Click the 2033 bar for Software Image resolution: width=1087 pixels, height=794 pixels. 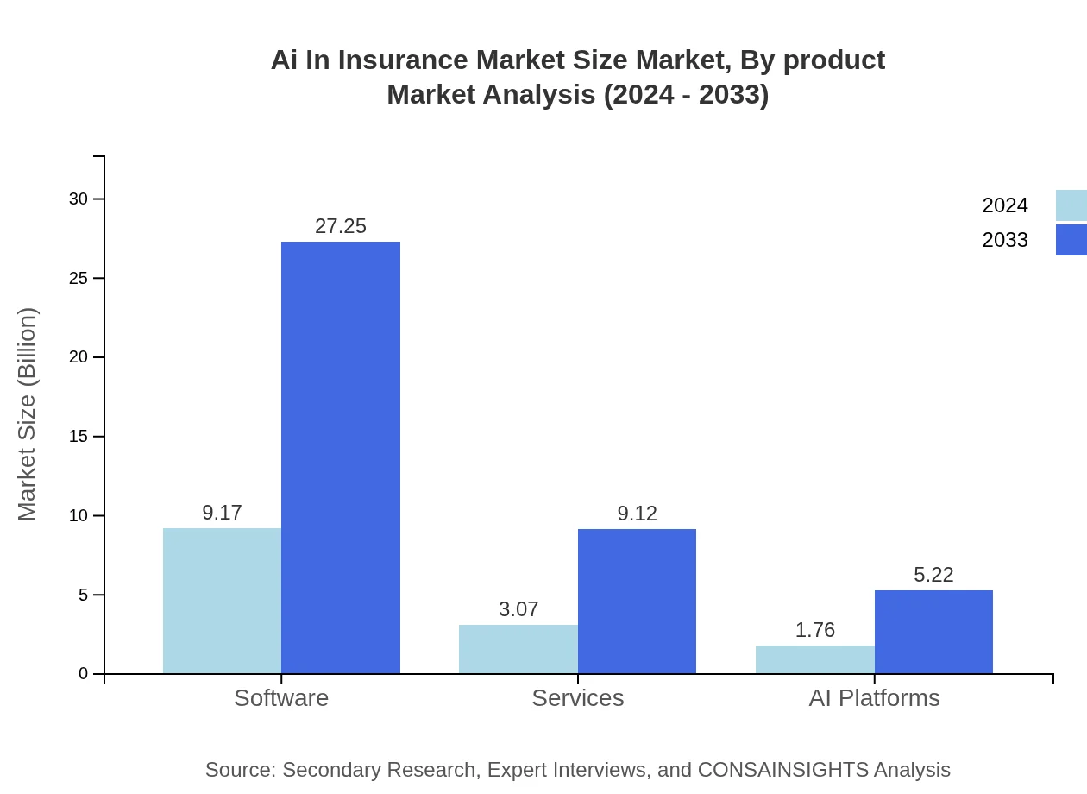[341, 457]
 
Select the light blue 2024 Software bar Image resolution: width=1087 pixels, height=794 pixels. [222, 601]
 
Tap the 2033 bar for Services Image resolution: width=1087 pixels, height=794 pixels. [637, 602]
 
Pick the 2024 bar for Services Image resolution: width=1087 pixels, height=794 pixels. [518, 649]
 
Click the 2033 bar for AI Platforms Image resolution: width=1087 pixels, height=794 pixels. [933, 632]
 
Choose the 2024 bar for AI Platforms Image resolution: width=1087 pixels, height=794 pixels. [814, 659]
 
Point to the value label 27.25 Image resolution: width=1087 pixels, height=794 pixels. [341, 226]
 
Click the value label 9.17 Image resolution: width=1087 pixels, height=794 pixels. [222, 513]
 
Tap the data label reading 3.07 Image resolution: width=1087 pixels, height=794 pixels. [518, 609]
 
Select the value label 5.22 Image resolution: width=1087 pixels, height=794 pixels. [933, 575]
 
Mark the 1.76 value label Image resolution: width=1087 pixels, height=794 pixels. [814, 630]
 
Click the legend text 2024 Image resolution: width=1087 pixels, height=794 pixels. [1005, 205]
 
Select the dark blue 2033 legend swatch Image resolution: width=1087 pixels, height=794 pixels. [1071, 240]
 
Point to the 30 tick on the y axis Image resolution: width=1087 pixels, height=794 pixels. [79, 198]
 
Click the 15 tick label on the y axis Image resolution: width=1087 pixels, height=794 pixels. [79, 437]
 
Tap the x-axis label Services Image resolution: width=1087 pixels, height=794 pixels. [577, 697]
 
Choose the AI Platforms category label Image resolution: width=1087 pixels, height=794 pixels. [874, 697]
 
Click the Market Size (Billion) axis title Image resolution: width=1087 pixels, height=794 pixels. [27, 414]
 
